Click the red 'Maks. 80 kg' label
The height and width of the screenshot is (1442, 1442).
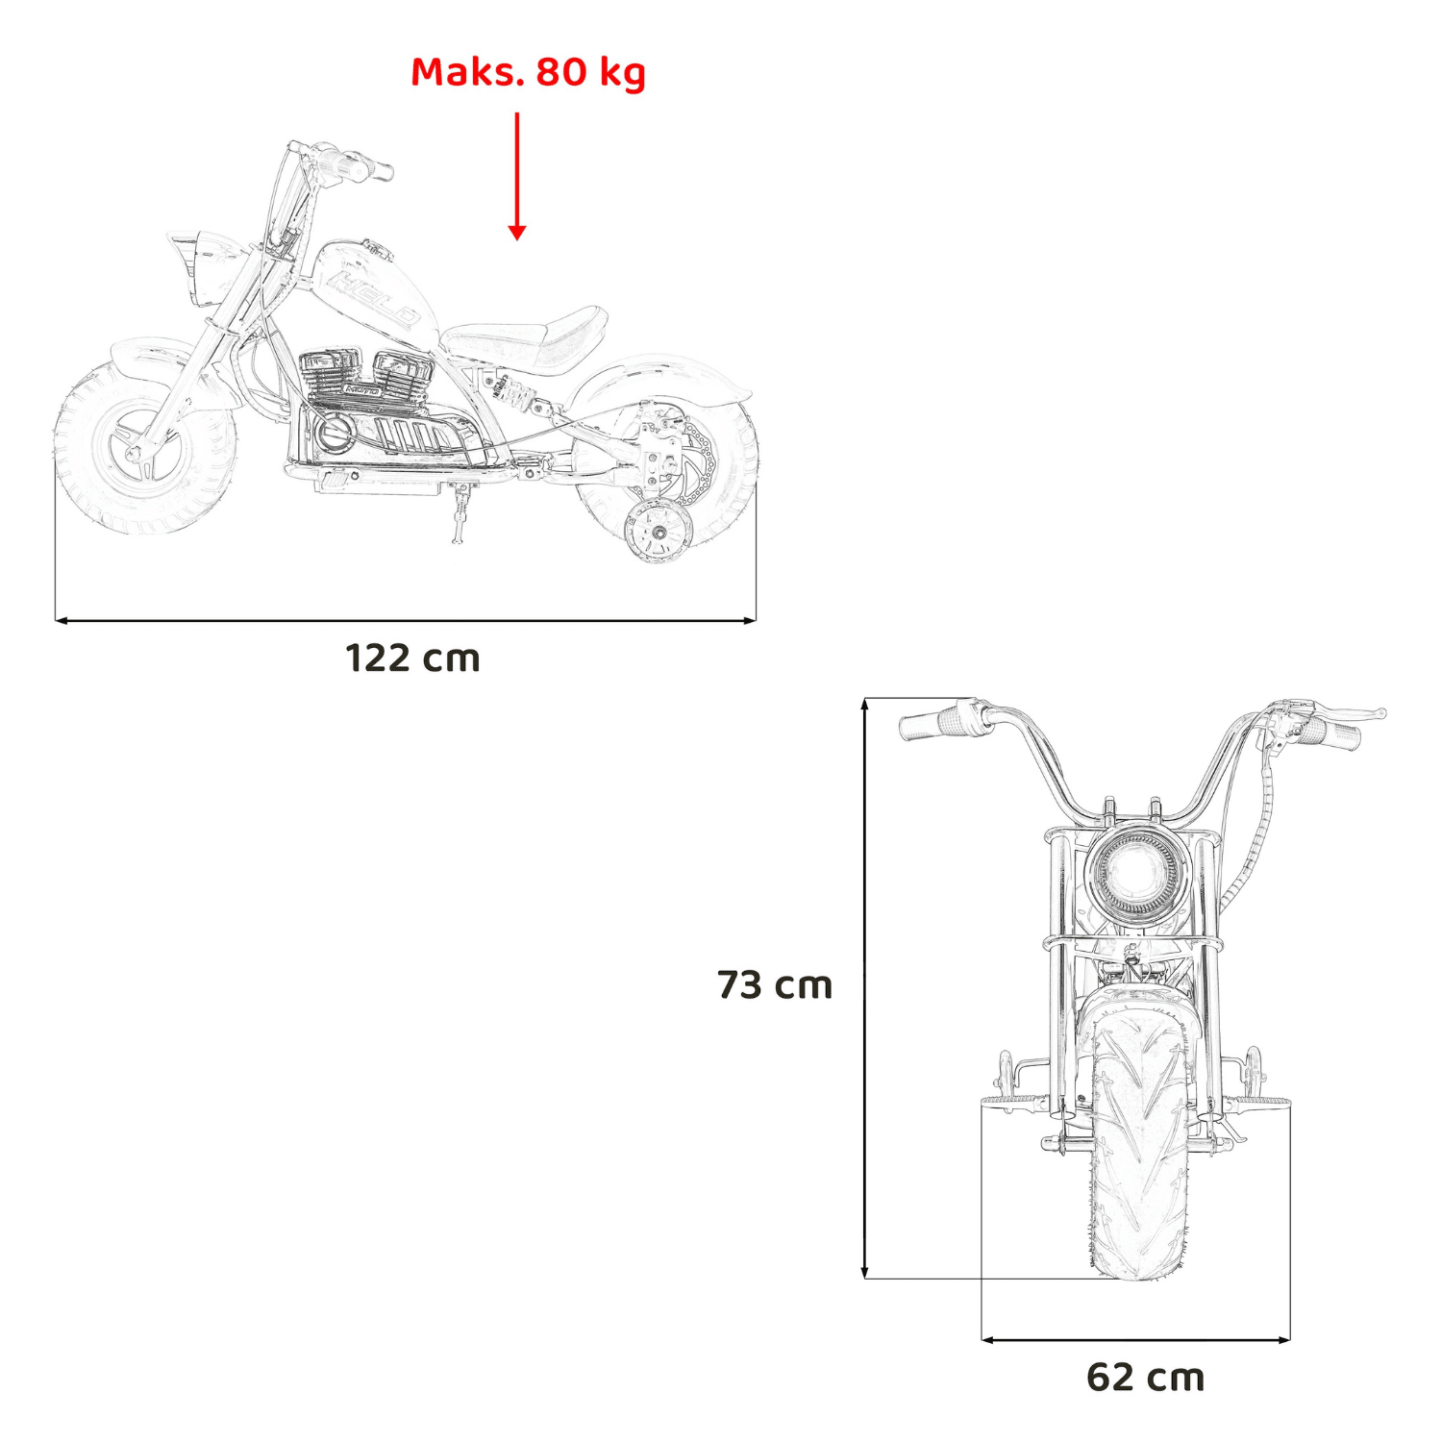point(528,72)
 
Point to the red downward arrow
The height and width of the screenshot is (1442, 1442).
point(517,176)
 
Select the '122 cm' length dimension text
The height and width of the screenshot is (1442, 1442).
point(412,659)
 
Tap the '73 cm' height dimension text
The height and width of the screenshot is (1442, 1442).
point(775,985)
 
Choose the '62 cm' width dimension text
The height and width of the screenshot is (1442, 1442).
point(1146,1378)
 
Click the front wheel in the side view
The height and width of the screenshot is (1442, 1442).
point(144,450)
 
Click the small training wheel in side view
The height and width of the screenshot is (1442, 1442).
point(659,531)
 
